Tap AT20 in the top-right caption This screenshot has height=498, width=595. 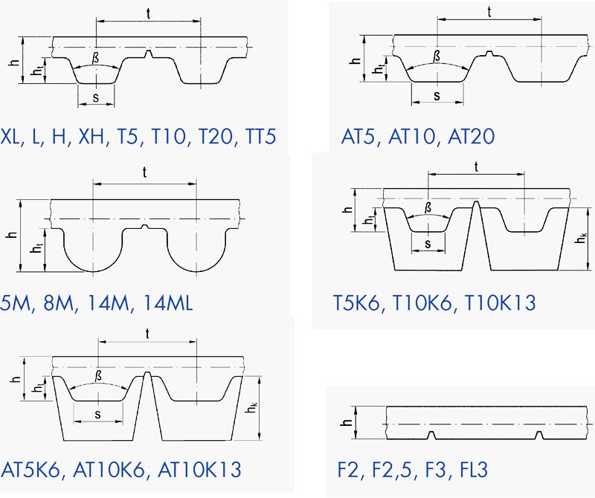[x=472, y=137]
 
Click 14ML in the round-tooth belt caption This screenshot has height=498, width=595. [x=169, y=303]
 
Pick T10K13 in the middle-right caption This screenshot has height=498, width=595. [x=500, y=303]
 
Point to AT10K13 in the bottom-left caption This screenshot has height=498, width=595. [x=199, y=469]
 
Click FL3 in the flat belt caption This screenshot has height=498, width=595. [x=474, y=469]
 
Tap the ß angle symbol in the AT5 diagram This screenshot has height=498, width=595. [x=437, y=56]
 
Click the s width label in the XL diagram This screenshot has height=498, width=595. [x=96, y=98]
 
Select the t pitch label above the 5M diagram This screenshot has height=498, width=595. [x=144, y=172]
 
